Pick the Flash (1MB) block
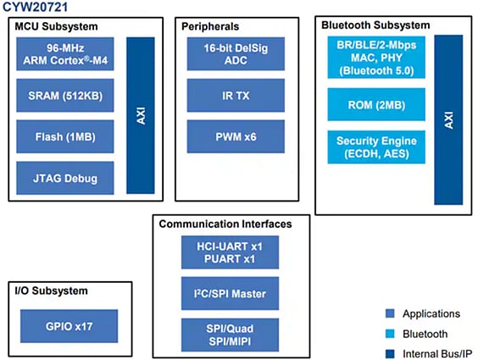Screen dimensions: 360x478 tap(64, 136)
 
